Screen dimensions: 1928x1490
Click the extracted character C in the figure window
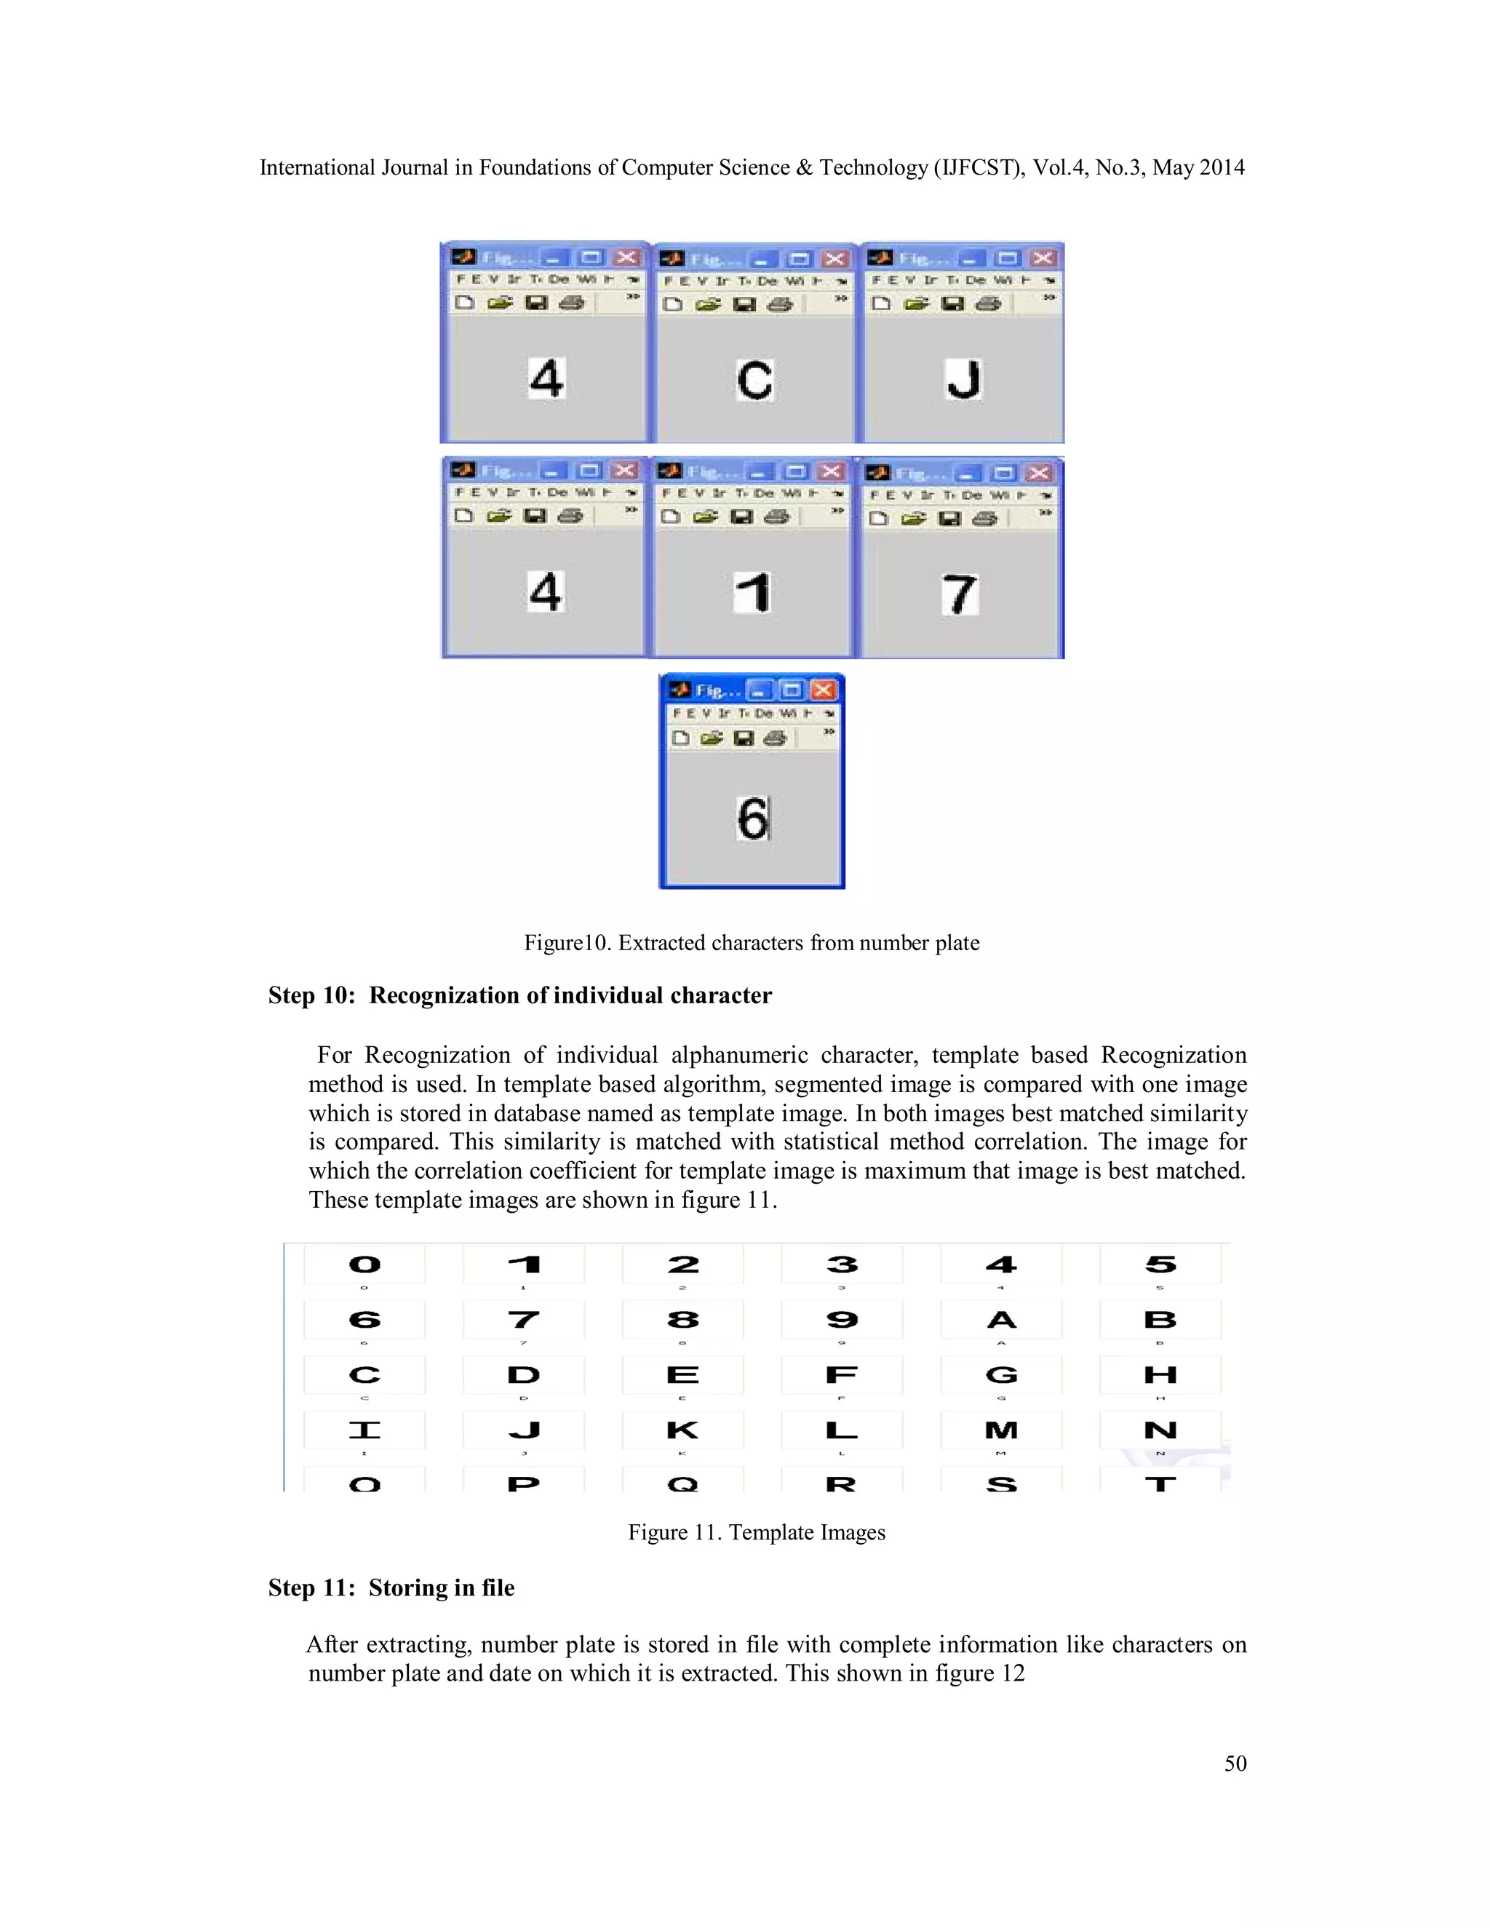click(x=754, y=381)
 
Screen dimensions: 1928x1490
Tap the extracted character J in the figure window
click(x=963, y=380)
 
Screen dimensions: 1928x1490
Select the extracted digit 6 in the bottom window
click(x=753, y=818)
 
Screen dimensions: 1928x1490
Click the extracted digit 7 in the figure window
click(x=960, y=593)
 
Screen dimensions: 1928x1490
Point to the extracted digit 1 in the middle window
click(x=753, y=591)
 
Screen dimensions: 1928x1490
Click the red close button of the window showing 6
click(x=823, y=690)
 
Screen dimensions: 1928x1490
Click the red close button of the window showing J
click(x=1043, y=258)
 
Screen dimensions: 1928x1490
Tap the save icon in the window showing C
click(x=745, y=305)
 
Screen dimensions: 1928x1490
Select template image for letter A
click(x=1001, y=1320)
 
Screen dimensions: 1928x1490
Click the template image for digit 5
click(x=1160, y=1265)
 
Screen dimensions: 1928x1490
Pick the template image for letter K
click(x=682, y=1430)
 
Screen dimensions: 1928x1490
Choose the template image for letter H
click(x=1160, y=1374)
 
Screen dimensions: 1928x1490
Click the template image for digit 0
click(x=364, y=1265)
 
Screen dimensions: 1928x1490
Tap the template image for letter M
click(x=1001, y=1430)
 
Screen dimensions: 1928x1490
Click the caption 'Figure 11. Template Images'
click(x=757, y=1531)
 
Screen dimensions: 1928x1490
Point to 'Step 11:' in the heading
click(x=311, y=1588)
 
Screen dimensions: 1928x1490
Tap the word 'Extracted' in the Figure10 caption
click(x=661, y=943)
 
